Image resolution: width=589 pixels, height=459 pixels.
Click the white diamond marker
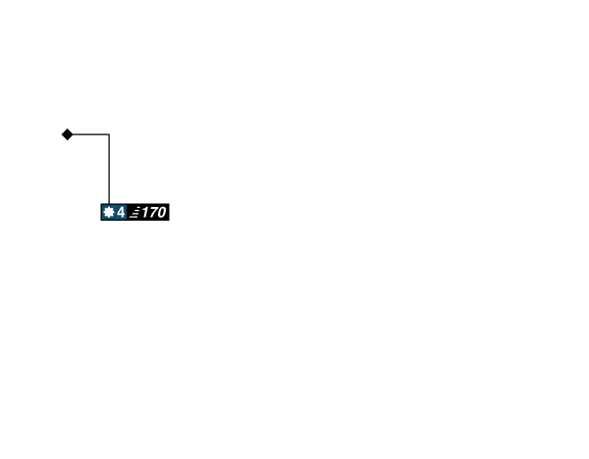click(x=67, y=134)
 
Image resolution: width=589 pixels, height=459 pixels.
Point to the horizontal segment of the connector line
click(x=90, y=133)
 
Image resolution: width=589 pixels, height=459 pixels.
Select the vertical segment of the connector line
click(x=108, y=169)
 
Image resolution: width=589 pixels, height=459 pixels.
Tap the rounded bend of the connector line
click(x=108, y=134)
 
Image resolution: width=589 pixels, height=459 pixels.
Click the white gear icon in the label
click(x=109, y=212)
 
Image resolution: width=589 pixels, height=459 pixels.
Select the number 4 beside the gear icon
click(x=121, y=212)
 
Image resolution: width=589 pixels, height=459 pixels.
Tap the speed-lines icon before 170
click(x=134, y=213)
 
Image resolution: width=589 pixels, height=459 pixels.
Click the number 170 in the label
click(x=153, y=212)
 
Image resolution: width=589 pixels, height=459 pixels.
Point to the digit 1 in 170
click(x=144, y=212)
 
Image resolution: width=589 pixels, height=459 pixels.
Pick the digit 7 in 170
click(x=152, y=212)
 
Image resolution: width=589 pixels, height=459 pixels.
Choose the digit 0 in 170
click(x=161, y=212)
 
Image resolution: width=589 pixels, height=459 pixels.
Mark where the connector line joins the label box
click(x=108, y=203)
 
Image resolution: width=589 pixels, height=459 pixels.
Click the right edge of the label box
click(x=170, y=212)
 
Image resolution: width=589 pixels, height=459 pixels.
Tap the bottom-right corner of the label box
click(x=170, y=221)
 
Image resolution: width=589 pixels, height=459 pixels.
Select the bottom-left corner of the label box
click(x=100, y=221)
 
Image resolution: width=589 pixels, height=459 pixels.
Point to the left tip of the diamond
click(x=60, y=134)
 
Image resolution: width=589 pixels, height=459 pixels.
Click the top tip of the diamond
click(x=67, y=127)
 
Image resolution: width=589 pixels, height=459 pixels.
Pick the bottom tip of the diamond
click(x=67, y=142)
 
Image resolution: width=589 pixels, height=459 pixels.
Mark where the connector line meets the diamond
click(x=74, y=134)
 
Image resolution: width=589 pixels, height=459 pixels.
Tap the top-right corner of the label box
click(x=170, y=203)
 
